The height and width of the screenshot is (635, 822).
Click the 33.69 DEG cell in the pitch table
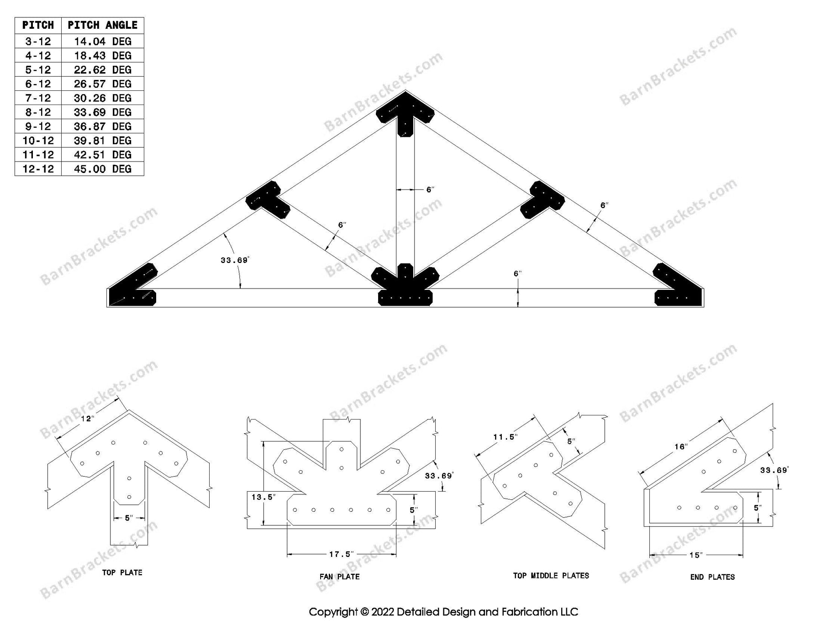pos(102,112)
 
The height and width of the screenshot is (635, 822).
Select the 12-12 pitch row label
pos(38,169)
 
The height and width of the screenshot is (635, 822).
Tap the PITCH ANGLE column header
pos(102,25)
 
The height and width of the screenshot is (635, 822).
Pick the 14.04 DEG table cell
pos(102,42)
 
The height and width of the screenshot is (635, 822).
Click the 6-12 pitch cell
pos(38,84)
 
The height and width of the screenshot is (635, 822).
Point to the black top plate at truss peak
pos(405,112)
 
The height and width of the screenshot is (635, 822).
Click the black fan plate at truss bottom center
pos(405,288)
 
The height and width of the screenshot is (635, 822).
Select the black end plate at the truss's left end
pos(132,288)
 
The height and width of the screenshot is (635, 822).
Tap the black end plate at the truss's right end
pos(678,288)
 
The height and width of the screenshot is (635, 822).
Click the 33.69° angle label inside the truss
pos(235,260)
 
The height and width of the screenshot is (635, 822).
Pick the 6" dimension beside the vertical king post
pos(430,189)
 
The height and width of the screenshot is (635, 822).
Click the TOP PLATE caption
pos(122,572)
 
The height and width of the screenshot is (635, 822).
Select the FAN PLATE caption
pos(339,577)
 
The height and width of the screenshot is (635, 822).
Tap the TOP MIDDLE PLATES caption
pos(551,576)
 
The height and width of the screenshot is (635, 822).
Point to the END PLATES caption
pos(712,577)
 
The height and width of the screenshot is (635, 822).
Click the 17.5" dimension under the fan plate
pos(341,554)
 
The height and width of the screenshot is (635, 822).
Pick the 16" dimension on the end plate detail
pos(681,446)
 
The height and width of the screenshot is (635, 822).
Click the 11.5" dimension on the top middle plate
pos(506,437)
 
